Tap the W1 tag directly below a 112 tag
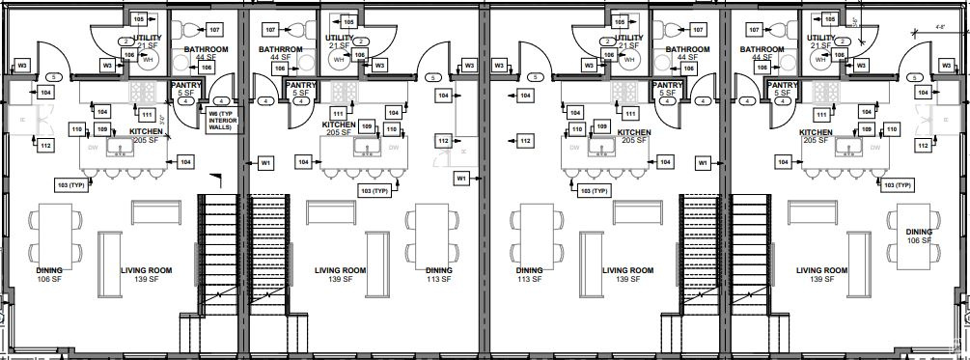(x=461, y=179)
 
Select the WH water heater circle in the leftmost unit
(x=148, y=61)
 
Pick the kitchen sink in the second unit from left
(x=367, y=148)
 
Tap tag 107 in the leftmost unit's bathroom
(x=213, y=30)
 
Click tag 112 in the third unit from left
(x=525, y=141)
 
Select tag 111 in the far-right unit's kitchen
(x=823, y=114)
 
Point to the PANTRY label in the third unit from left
(x=667, y=85)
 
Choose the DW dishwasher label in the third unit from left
(x=575, y=148)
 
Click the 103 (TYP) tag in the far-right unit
(x=896, y=184)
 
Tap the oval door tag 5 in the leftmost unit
(x=55, y=77)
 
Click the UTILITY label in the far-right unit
(x=822, y=38)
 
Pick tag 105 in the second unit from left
(x=348, y=20)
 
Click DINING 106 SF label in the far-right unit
(x=919, y=235)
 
